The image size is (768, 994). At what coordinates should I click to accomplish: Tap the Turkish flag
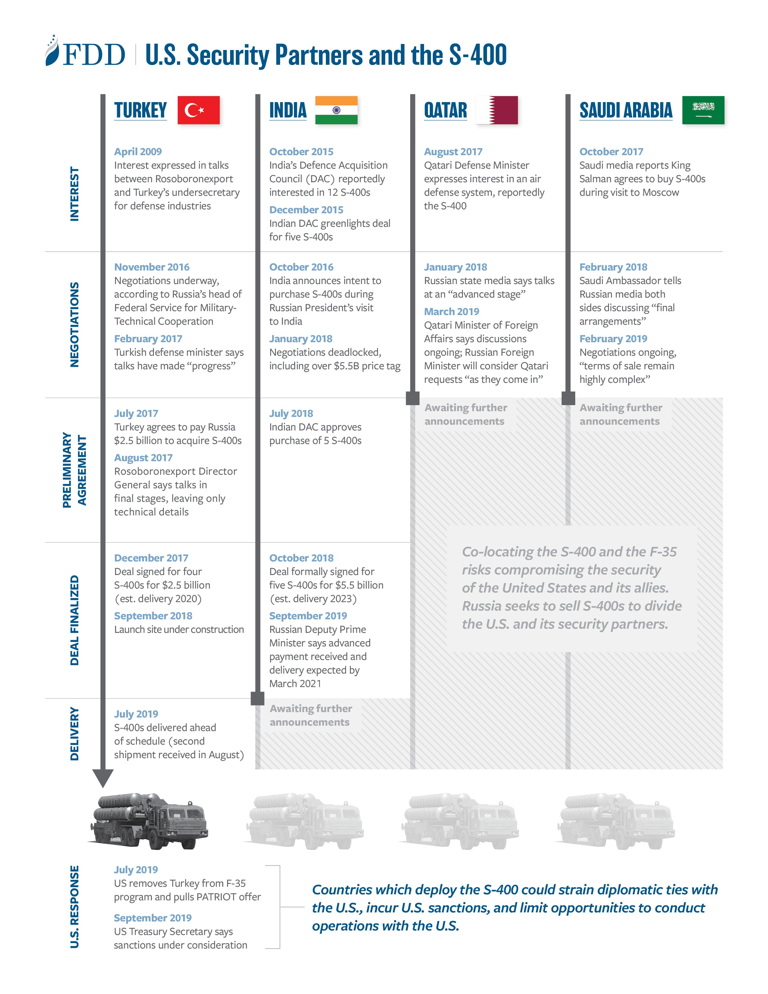(x=198, y=110)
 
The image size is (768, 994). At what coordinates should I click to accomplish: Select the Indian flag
(x=336, y=110)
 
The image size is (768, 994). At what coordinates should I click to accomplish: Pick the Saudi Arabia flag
(x=703, y=110)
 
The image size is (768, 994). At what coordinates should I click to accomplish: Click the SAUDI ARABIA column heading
(x=626, y=110)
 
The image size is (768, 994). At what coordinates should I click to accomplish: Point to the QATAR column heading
(x=445, y=110)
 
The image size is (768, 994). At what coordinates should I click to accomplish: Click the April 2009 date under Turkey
(x=138, y=152)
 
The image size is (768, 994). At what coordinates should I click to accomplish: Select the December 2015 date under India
(x=306, y=210)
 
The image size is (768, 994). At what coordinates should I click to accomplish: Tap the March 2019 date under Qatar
(x=452, y=312)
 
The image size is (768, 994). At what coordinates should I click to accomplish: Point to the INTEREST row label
(x=74, y=194)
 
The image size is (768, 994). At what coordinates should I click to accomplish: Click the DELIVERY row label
(x=74, y=734)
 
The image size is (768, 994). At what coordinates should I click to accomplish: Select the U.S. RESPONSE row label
(x=74, y=907)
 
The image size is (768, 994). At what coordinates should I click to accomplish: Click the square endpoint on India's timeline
(x=258, y=698)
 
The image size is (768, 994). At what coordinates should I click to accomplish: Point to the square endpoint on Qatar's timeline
(x=413, y=398)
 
